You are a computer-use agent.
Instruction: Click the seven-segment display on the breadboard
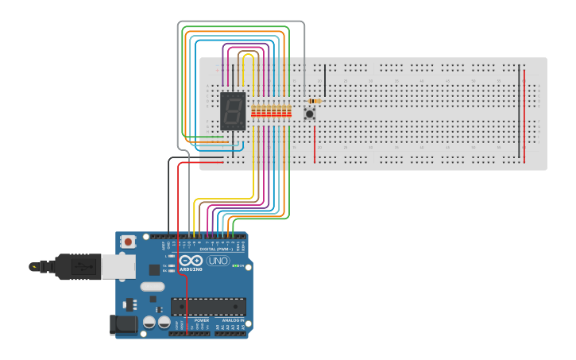pyautogui.click(x=232, y=111)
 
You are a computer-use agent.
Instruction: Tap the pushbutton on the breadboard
pyautogui.click(x=309, y=114)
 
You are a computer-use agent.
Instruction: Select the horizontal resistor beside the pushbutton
pyautogui.click(x=315, y=101)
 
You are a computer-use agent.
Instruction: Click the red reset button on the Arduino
pyautogui.click(x=128, y=242)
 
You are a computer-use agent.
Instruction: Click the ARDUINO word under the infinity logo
pyautogui.click(x=191, y=269)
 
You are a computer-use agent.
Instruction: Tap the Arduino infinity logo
pyautogui.click(x=191, y=261)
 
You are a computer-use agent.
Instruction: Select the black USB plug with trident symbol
pyautogui.click(x=75, y=267)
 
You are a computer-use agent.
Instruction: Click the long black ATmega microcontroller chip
pyautogui.click(x=207, y=306)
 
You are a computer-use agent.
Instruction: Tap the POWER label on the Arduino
pyautogui.click(x=191, y=320)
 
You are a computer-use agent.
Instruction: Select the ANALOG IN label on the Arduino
pyautogui.click(x=229, y=320)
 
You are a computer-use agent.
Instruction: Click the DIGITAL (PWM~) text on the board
pyautogui.click(x=225, y=249)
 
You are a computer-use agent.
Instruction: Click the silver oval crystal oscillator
pyautogui.click(x=152, y=286)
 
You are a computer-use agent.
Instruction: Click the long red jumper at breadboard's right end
pyautogui.click(x=524, y=115)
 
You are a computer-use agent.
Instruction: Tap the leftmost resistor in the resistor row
pyautogui.click(x=253, y=112)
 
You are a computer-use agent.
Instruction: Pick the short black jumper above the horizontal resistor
pyautogui.click(x=324, y=80)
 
